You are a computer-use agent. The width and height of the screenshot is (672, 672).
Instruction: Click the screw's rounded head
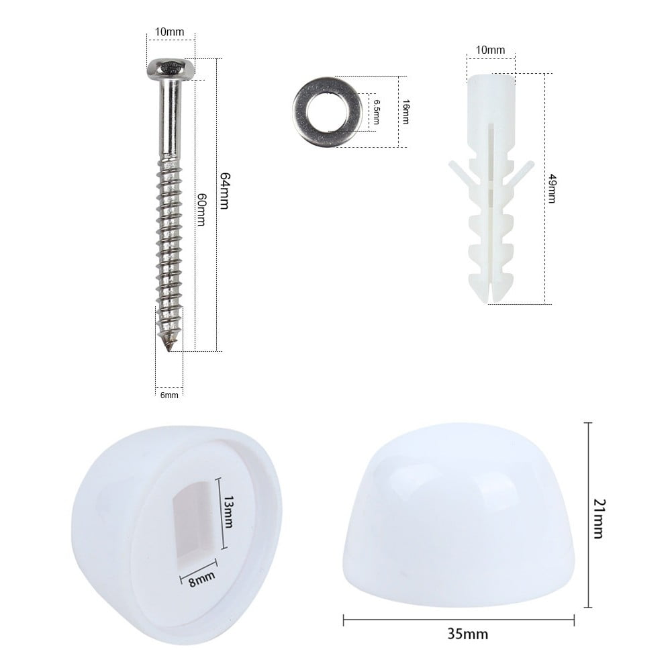point(171,69)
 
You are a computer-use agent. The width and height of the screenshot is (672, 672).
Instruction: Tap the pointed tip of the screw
point(170,346)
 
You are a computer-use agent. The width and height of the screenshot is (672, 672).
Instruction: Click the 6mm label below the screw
point(169,395)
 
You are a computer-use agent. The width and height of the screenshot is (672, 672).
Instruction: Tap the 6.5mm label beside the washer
point(377,111)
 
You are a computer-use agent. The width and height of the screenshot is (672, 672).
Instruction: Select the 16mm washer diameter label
point(405,111)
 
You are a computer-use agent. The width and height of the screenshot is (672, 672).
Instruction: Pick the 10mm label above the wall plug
point(490,50)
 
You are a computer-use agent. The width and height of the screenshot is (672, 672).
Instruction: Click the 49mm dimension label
point(552,188)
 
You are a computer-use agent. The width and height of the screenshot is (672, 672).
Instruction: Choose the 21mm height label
point(597,515)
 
